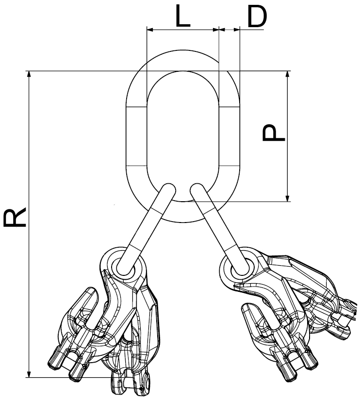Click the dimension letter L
pyautogui.click(x=183, y=16)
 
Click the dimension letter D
pyautogui.click(x=257, y=16)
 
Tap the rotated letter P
pyautogui.click(x=274, y=132)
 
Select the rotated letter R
pyautogui.click(x=15, y=217)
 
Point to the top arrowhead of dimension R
pyautogui.click(x=29, y=74)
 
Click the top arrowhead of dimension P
pyautogui.click(x=288, y=74)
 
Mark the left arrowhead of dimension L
pyautogui.click(x=150, y=30)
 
